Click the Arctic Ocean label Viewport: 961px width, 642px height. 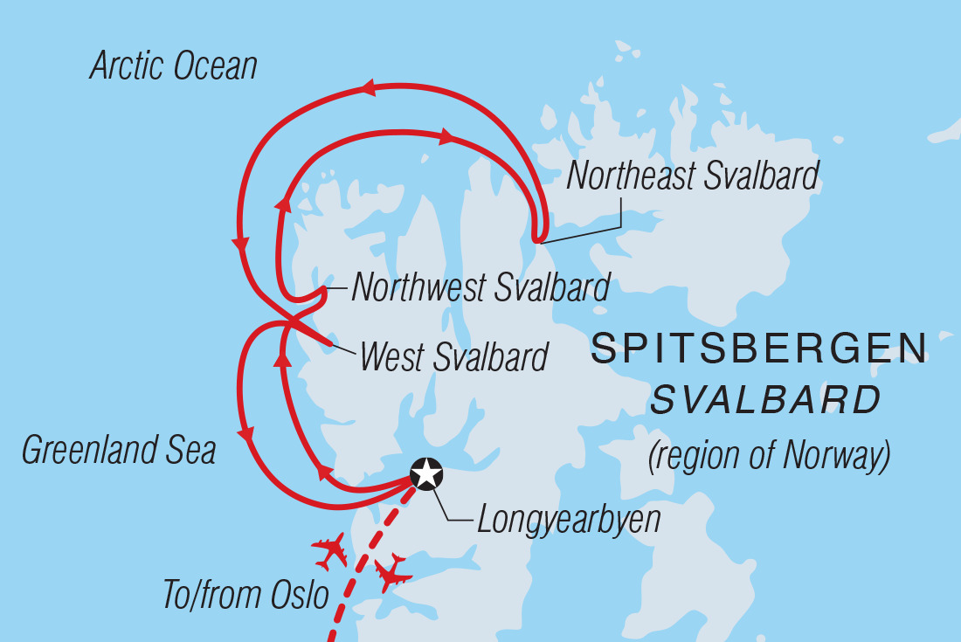173,67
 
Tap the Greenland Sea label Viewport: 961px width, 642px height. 118,451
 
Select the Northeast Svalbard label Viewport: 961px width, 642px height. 693,176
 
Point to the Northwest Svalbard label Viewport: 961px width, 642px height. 480,287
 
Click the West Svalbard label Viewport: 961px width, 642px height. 453,356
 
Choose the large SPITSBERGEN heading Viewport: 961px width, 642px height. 758,350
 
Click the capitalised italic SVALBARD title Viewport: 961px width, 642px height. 765,401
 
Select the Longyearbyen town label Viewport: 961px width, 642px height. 568,521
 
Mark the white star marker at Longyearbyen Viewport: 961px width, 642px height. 426,473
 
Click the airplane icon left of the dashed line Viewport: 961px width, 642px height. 329,551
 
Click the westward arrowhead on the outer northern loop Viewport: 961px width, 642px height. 366,87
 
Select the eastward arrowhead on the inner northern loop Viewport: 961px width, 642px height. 446,136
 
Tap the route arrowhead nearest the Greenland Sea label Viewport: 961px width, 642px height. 248,434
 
